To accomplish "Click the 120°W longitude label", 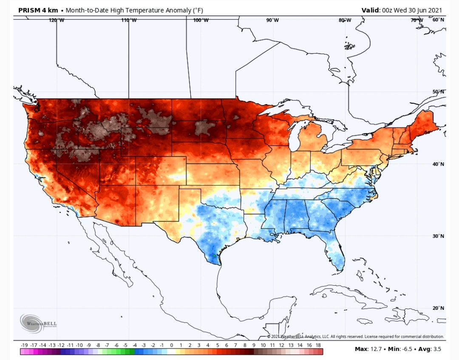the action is click(57, 20).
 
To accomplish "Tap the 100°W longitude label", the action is click(201, 20).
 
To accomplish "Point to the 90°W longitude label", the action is click(272, 20).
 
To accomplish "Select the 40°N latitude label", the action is click(438, 164).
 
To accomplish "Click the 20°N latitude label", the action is click(438, 308).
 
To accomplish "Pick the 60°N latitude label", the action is click(438, 20).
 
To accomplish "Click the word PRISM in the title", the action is click(29, 10).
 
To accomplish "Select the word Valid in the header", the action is click(370, 10).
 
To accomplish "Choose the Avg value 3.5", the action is click(437, 349).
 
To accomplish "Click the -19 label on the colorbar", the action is click(24, 346).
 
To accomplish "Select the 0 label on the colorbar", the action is click(172, 346).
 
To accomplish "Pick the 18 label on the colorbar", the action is click(318, 346).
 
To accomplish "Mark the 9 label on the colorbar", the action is click(254, 346).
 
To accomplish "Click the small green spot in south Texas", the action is click(214, 256).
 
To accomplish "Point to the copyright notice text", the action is click(355, 337).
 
